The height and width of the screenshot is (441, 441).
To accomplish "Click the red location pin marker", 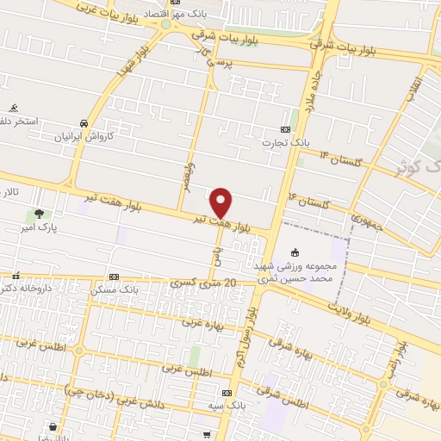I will click(221, 202).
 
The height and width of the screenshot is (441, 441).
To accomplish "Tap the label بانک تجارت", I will click(299, 140).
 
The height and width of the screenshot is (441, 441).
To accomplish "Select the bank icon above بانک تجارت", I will click(298, 128).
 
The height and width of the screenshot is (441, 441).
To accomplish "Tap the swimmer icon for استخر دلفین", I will click(13, 109).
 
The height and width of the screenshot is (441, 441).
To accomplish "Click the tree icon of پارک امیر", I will click(38, 214).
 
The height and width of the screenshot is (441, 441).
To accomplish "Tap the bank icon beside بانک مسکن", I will click(115, 277).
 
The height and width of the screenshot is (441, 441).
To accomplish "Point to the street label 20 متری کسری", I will click(205, 282).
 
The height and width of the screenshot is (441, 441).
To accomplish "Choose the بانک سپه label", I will click(231, 404).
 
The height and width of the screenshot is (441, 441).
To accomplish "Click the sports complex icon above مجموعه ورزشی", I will click(295, 253).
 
